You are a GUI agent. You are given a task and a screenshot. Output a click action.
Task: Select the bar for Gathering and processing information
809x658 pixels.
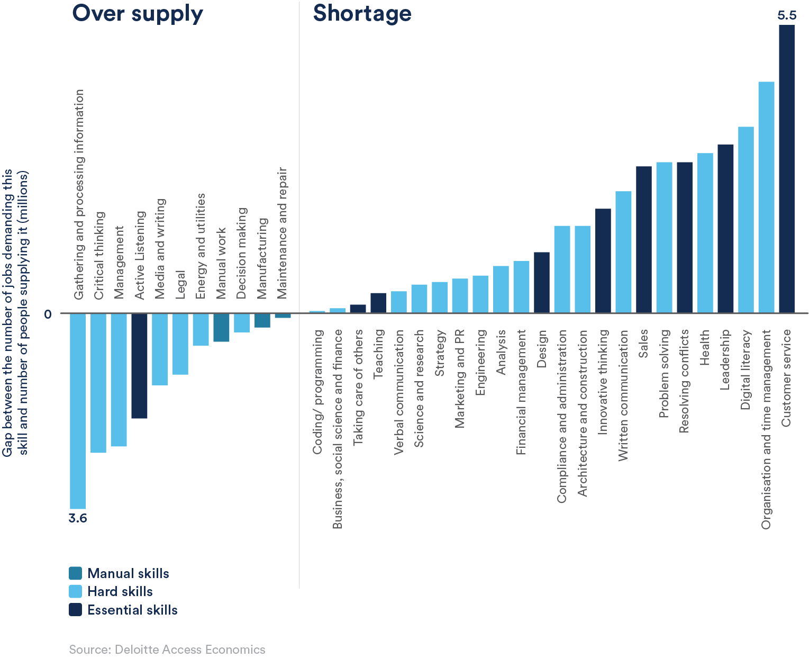tap(78, 411)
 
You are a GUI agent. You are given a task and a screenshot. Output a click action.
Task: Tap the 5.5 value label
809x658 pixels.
tap(786, 15)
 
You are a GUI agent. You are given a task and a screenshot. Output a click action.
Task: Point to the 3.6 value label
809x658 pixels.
tap(78, 518)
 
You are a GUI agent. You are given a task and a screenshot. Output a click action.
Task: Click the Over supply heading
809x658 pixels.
tap(138, 13)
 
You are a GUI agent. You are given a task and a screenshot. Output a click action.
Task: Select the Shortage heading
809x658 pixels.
tap(362, 13)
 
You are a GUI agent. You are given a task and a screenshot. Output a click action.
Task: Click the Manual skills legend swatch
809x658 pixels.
tap(76, 573)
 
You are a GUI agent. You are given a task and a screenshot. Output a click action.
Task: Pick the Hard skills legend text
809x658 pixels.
tap(120, 591)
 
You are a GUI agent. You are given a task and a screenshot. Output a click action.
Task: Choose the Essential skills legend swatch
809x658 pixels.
tap(76, 610)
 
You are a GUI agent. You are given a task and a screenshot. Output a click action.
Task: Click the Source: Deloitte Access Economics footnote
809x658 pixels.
tap(167, 650)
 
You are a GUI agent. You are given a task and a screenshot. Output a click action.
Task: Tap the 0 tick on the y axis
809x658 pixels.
tap(48, 314)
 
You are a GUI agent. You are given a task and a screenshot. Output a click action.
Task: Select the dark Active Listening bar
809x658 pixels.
tap(139, 366)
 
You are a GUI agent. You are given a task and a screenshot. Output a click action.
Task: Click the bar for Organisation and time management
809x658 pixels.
tap(766, 197)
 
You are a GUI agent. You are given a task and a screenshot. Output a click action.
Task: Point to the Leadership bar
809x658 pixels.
tap(725, 228)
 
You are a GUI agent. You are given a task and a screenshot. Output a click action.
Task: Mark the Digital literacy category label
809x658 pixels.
tap(746, 369)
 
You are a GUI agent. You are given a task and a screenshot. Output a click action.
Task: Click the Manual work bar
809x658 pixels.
tap(221, 328)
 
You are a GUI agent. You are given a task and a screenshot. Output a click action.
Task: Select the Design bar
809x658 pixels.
tap(542, 282)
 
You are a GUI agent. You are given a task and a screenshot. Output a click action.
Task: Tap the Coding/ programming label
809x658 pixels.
tap(317, 392)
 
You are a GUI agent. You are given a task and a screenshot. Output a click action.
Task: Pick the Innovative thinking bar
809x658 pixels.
tap(603, 260)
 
